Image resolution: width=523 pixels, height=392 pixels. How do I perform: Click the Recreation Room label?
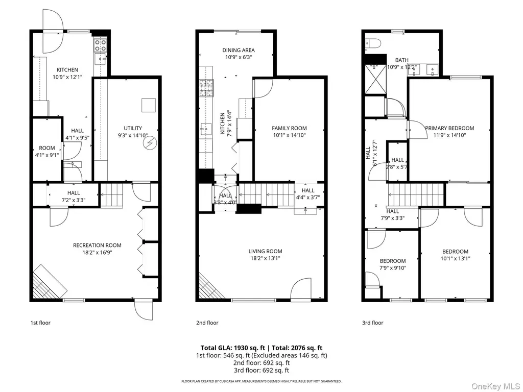[97, 246]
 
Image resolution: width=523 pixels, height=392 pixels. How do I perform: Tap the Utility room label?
[133, 128]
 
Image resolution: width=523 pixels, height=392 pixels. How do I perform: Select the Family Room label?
[289, 128]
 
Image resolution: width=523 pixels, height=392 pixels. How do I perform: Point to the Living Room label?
[265, 251]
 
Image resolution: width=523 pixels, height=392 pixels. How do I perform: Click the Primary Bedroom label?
[449, 128]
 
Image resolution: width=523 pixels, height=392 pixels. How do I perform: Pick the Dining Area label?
[239, 50]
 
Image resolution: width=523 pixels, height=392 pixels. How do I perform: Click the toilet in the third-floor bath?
[373, 43]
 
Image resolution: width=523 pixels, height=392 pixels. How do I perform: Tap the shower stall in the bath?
[375, 79]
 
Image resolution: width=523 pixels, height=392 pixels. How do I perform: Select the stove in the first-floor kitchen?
[101, 45]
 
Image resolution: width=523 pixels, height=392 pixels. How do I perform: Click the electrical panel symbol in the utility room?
[150, 143]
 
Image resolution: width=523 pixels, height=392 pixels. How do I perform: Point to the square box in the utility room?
[149, 105]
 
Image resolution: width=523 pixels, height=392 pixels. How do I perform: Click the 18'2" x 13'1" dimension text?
[265, 258]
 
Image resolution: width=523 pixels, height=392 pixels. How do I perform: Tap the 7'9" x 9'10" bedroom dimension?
[393, 267]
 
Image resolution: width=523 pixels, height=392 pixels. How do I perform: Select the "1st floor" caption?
[40, 323]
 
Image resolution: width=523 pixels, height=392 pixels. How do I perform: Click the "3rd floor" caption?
[372, 323]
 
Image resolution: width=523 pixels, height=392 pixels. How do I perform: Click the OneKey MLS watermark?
[495, 386]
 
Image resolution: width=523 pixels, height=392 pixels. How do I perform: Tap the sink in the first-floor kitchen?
[101, 59]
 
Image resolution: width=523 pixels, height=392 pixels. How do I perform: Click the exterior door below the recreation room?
[144, 310]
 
